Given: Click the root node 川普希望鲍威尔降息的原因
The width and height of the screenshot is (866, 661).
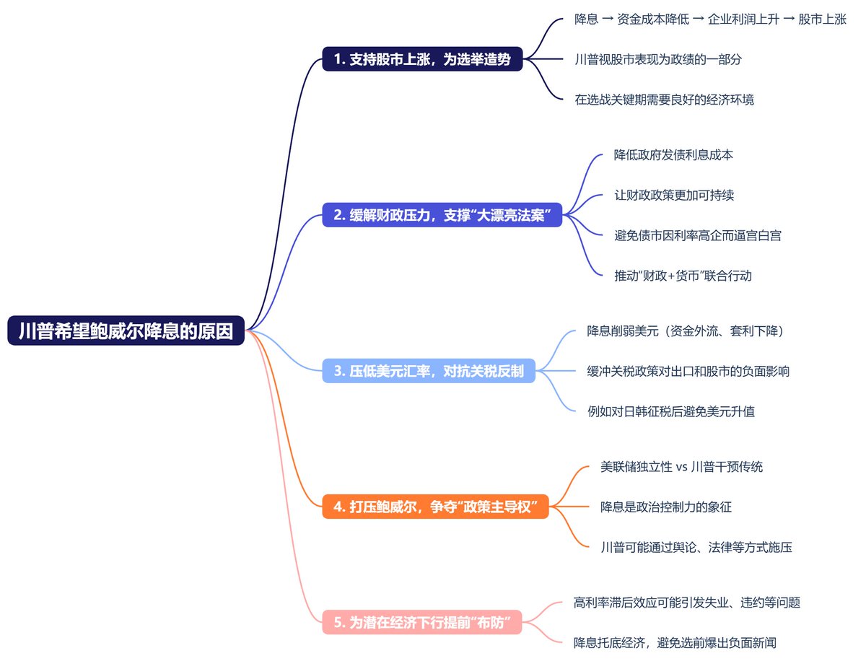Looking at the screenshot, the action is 126,330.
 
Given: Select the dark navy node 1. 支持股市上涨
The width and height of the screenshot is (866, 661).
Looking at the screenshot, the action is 422,59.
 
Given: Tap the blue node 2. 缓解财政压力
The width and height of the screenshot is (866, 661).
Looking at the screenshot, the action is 442,215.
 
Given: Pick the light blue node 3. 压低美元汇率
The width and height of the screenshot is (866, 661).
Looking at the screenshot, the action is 429,371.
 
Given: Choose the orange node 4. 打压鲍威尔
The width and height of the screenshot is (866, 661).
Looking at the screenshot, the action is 436,507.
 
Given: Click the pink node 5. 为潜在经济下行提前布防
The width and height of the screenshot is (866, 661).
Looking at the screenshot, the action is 421,622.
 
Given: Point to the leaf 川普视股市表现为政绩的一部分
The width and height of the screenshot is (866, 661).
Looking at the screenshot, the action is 658,59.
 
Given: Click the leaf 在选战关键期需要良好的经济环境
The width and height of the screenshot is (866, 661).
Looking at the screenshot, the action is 664,100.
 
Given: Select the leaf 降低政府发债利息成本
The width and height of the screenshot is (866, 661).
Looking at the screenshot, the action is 673,154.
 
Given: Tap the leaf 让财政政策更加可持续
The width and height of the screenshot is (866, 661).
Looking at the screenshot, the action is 674,195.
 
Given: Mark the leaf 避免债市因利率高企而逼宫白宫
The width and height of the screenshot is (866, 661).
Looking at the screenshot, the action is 698,235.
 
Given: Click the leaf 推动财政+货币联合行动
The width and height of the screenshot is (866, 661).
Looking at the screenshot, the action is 683,276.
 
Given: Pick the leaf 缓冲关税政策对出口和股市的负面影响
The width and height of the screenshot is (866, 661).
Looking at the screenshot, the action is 688,371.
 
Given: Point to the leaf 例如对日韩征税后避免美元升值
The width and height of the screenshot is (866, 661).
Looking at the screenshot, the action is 670,411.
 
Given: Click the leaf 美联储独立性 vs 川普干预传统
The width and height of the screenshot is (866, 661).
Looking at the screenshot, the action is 681,467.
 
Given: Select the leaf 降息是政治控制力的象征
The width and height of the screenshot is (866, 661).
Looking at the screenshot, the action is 666,507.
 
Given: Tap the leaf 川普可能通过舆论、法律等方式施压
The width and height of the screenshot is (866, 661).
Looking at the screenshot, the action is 696,547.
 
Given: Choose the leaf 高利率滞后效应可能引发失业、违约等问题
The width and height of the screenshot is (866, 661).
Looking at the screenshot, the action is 686,603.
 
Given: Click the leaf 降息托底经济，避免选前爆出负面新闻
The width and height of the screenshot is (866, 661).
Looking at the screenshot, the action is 675,642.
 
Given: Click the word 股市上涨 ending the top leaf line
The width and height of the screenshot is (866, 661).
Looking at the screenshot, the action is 822,19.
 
